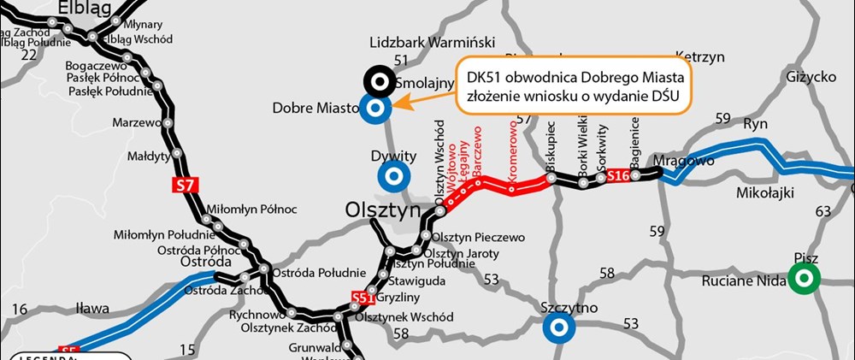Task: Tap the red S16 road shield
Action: click(x=618, y=176)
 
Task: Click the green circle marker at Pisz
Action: click(x=804, y=277)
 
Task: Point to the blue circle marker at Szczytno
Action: click(x=558, y=326)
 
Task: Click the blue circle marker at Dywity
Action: click(x=393, y=176)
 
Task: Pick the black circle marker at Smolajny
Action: click(x=378, y=81)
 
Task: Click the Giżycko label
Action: click(x=809, y=77)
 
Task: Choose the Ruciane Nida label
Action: click(x=742, y=280)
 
